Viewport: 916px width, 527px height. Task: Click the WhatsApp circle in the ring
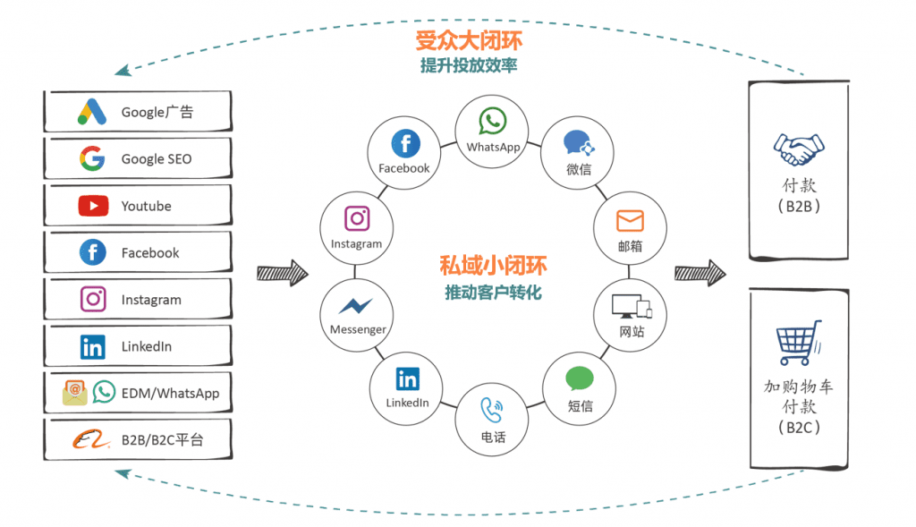493,132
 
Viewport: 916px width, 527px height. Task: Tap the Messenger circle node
358,312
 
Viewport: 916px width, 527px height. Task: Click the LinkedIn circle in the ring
407,387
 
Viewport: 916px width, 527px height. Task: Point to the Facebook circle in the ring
404,151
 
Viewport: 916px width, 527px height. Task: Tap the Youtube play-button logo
93,206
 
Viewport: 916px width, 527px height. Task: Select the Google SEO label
157,159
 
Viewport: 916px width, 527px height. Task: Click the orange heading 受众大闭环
469,41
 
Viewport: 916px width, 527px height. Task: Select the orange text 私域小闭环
493,266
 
